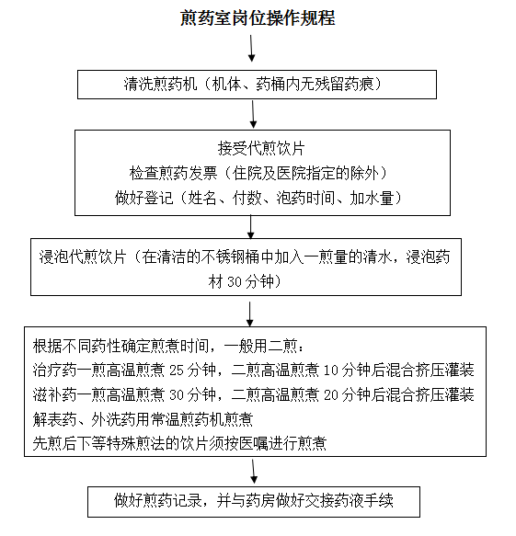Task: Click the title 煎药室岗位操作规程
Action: click(x=258, y=17)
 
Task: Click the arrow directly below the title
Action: click(x=252, y=48)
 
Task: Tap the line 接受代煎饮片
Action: click(x=261, y=148)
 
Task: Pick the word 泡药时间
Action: click(x=305, y=198)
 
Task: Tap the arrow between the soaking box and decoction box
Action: click(x=250, y=314)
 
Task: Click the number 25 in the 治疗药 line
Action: click(x=177, y=371)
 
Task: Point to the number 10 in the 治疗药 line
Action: click(x=331, y=371)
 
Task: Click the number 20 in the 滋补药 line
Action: click(x=331, y=395)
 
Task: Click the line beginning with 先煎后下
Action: click(x=180, y=444)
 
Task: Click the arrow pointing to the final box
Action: click(x=254, y=472)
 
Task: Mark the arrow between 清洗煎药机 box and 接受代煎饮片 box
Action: click(x=253, y=114)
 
